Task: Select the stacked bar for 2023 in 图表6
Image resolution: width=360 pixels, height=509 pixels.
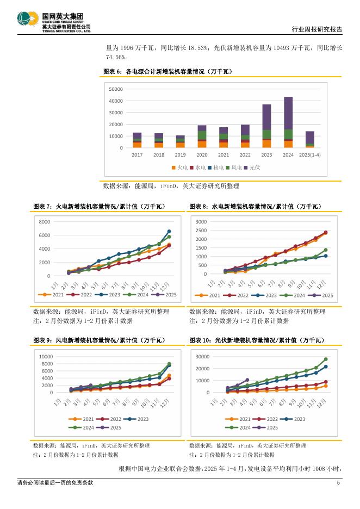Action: [x=266, y=126]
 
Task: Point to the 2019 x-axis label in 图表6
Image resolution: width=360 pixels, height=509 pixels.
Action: [x=180, y=154]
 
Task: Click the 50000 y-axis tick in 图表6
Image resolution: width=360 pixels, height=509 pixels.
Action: [x=116, y=89]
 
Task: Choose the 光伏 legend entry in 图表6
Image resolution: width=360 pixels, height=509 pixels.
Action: [x=252, y=168]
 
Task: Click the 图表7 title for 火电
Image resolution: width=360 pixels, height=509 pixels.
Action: [x=99, y=207]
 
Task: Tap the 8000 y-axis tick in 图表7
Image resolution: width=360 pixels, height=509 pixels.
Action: [x=44, y=222]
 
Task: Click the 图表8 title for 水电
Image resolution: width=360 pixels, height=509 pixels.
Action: [x=255, y=207]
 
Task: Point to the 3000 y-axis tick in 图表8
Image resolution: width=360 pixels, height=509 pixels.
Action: [x=201, y=222]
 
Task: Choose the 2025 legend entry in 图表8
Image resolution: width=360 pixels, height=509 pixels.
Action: [x=325, y=295]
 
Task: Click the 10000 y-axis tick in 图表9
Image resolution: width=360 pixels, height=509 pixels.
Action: [x=45, y=357]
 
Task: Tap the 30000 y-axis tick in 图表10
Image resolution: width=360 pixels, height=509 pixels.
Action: [x=202, y=357]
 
